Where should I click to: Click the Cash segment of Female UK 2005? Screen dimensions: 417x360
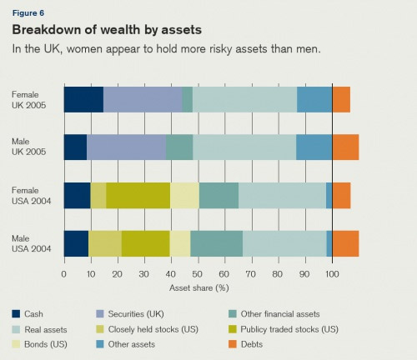pyautogui.click(x=83, y=99)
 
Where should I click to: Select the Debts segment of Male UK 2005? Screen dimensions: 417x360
pyautogui.click(x=345, y=147)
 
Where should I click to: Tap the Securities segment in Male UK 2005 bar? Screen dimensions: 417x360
pyautogui.click(x=127, y=147)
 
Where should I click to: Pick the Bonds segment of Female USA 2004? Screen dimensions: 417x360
pyautogui.click(x=185, y=196)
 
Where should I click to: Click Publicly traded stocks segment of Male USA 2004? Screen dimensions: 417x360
pyautogui.click(x=146, y=243)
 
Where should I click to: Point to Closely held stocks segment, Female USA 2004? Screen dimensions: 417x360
pyautogui.click(x=98, y=196)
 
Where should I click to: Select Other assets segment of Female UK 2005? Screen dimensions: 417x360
pyautogui.click(x=314, y=99)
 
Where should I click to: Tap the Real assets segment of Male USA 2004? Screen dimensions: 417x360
pyautogui.click(x=284, y=243)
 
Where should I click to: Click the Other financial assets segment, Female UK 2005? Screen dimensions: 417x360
pyautogui.click(x=188, y=99)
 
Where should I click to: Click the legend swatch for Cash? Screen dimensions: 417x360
pyautogui.click(x=16, y=314)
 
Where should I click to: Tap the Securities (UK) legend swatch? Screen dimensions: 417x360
pyautogui.click(x=100, y=314)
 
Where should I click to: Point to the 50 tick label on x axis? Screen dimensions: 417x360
pyautogui.click(x=197, y=274)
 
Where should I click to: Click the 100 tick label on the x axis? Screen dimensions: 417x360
pyautogui.click(x=332, y=274)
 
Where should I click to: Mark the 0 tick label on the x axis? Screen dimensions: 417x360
pyautogui.click(x=64, y=274)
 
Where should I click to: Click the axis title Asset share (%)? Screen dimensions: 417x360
pyautogui.click(x=199, y=287)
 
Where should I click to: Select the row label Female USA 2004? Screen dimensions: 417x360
pyautogui.click(x=32, y=196)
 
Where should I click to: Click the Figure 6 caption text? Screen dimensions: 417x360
pyautogui.click(x=28, y=13)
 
